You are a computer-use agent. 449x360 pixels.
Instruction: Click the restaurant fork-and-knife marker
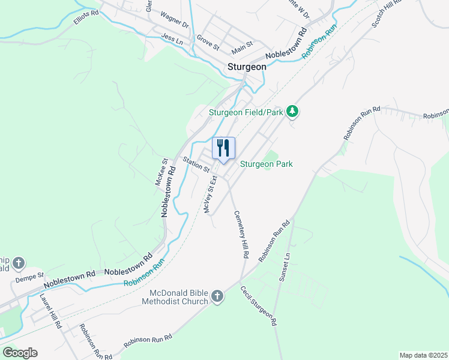click(223, 148)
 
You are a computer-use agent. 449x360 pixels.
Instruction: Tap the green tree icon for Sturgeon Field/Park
click(292, 111)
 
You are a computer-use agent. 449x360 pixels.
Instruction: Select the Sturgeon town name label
click(247, 67)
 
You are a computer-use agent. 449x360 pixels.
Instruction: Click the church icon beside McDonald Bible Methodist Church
click(217, 296)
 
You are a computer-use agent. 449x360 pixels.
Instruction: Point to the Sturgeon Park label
click(267, 164)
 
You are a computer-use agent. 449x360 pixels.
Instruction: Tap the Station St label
click(196, 164)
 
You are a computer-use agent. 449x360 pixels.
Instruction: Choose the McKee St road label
click(161, 172)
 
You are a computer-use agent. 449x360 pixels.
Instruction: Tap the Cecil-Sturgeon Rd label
click(259, 305)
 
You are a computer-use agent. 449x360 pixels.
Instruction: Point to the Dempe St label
click(30, 275)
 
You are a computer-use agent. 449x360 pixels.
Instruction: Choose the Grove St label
click(208, 46)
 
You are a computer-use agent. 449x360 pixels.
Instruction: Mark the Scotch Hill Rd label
click(385, 13)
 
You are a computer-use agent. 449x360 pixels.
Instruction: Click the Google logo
click(20, 352)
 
